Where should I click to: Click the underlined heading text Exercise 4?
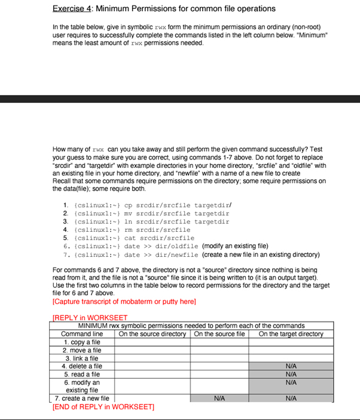(x=72, y=9)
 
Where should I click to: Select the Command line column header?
(x=82, y=334)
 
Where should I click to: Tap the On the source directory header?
(x=153, y=334)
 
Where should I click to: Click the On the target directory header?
(x=291, y=334)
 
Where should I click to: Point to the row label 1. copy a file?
(x=82, y=342)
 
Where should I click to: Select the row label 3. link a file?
(x=82, y=358)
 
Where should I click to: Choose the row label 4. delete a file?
(x=82, y=366)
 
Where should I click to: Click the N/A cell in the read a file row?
(x=291, y=374)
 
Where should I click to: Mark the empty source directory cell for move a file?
(x=153, y=350)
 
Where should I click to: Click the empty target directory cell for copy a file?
(x=291, y=342)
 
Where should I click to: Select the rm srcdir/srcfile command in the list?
(x=157, y=229)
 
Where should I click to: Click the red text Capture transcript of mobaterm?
(x=124, y=302)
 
